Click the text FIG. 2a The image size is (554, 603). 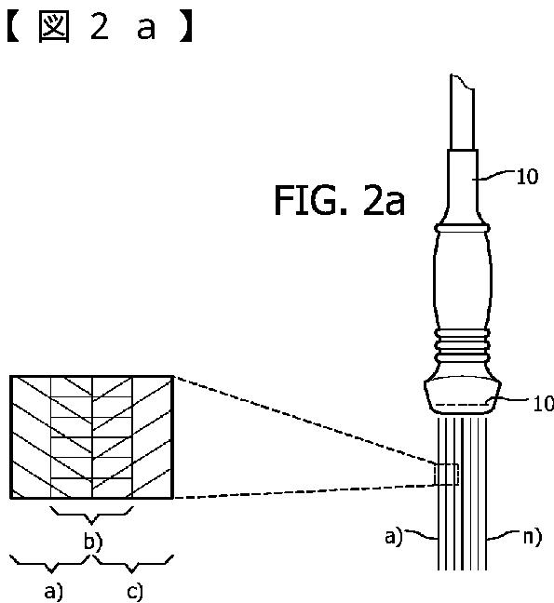click(339, 200)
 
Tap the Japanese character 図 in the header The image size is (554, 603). click(54, 27)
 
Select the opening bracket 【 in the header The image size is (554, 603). click(13, 28)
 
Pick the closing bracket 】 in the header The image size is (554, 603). click(186, 28)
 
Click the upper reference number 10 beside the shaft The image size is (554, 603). click(527, 177)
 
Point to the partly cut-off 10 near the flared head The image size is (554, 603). click(543, 404)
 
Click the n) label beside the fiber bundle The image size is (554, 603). click(533, 537)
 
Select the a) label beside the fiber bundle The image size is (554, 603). click(393, 536)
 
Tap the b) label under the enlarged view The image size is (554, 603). click(93, 542)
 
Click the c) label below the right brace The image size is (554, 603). click(135, 592)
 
